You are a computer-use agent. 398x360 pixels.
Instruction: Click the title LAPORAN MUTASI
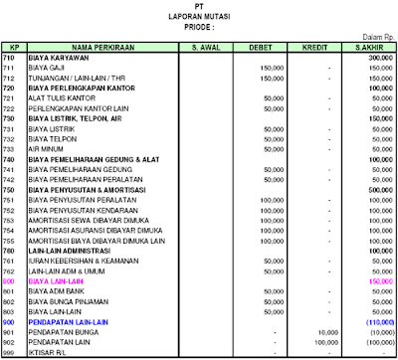pos(200,17)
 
